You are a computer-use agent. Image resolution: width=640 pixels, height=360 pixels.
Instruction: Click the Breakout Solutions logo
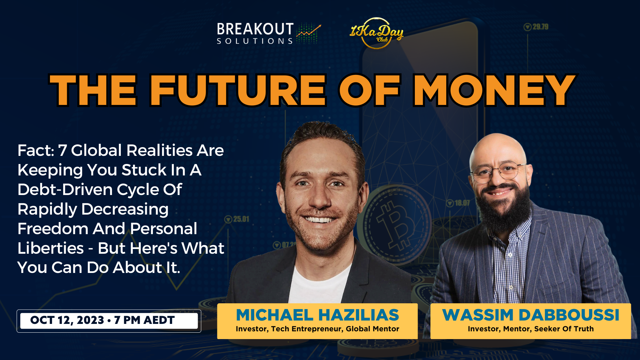[269, 33]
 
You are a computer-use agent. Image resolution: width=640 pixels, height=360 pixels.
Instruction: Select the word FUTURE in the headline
[238, 90]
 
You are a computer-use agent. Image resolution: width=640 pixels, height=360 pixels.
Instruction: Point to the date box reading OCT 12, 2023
[109, 321]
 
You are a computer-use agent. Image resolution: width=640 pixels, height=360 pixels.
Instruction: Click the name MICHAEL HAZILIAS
[317, 315]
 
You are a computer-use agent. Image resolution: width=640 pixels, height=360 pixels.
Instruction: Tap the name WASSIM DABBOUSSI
[531, 315]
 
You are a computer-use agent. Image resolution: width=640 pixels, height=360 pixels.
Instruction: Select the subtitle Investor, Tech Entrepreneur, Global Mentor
[317, 329]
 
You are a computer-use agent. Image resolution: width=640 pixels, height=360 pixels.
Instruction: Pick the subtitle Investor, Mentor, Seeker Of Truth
[531, 329]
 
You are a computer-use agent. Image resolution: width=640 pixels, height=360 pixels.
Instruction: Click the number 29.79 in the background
[540, 27]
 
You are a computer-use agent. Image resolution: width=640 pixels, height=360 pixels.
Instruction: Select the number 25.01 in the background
[241, 219]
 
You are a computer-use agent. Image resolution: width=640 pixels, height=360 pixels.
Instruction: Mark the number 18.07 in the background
[462, 203]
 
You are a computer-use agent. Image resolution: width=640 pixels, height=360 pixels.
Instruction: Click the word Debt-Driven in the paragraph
[62, 190]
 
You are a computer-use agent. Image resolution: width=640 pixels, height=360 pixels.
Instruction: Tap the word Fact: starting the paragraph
[36, 150]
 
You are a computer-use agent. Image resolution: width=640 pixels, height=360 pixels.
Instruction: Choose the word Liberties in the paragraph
[51, 248]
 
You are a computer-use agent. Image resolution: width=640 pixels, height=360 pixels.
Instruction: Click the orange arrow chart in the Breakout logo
[309, 31]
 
